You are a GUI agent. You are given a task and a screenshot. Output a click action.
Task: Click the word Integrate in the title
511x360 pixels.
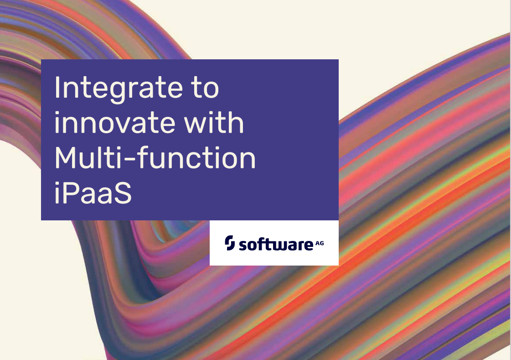tap(119, 89)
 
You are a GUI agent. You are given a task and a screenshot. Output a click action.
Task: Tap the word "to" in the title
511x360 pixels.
tap(205, 88)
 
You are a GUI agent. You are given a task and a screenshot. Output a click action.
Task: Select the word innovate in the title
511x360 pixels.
tap(114, 123)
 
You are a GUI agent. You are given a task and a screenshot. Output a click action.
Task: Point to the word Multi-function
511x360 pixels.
tap(155, 157)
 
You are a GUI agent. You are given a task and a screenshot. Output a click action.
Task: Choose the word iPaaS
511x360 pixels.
tap(93, 193)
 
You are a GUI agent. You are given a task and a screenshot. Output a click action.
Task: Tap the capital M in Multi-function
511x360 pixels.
tap(67, 157)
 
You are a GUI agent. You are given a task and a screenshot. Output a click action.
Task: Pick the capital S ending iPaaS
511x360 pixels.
tap(123, 193)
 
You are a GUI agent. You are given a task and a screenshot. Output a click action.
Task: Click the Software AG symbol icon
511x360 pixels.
tap(230, 243)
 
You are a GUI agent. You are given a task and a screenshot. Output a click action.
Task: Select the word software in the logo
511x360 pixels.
tap(276, 244)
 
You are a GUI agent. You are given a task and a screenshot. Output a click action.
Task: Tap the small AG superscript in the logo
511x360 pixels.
tap(320, 243)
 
